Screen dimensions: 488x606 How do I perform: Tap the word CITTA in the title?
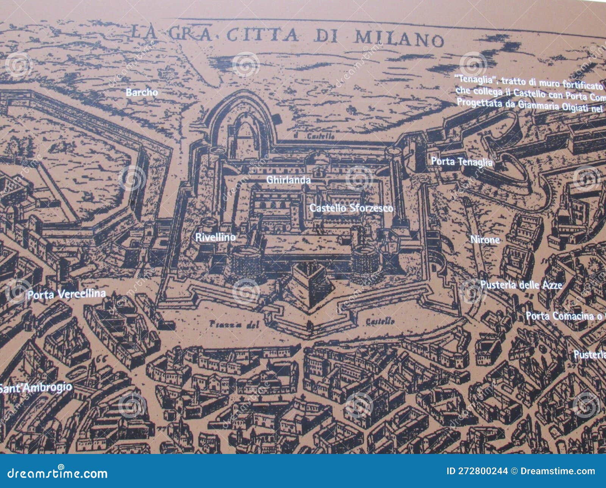262,34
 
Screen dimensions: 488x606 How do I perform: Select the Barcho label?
142,92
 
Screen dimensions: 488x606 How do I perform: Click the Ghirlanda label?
289,180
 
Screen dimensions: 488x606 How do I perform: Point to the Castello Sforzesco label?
351,208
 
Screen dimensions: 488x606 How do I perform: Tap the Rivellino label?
215,238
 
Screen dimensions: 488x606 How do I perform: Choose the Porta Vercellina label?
66,294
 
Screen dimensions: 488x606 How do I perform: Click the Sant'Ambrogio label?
36,387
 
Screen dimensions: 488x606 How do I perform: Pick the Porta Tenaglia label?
462,162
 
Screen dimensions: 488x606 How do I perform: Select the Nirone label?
485,239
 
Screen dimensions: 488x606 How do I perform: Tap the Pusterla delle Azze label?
521,285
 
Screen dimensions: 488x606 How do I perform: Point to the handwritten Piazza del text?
234,324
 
